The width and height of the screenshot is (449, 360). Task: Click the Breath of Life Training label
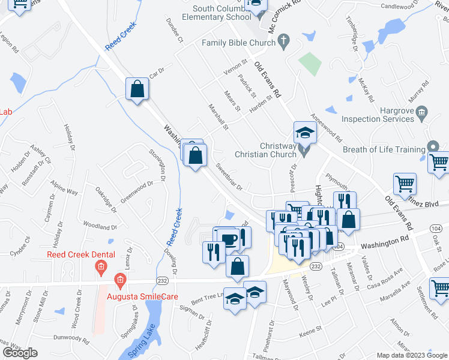(382, 149)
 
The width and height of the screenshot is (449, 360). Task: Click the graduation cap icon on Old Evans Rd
(305, 132)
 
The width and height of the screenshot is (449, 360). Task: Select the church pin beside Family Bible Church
(285, 43)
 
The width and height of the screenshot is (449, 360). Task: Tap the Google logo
(20, 353)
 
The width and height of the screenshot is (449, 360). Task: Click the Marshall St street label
(217, 117)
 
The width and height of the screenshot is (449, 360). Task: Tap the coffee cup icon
(228, 239)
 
